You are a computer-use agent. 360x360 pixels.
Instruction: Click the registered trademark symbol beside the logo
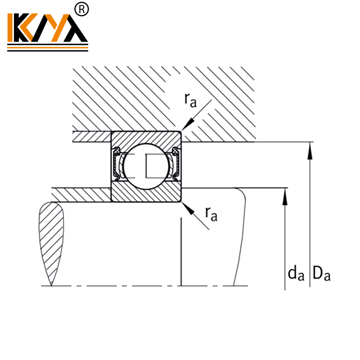tap(83, 9)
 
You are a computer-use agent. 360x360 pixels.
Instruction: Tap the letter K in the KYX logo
tap(19, 28)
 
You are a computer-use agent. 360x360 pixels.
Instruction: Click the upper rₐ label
tap(190, 100)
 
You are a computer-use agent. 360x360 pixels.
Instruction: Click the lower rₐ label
tap(211, 213)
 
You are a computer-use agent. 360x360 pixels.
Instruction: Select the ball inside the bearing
tap(145, 165)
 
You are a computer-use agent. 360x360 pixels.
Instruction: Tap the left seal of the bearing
tap(117, 165)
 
